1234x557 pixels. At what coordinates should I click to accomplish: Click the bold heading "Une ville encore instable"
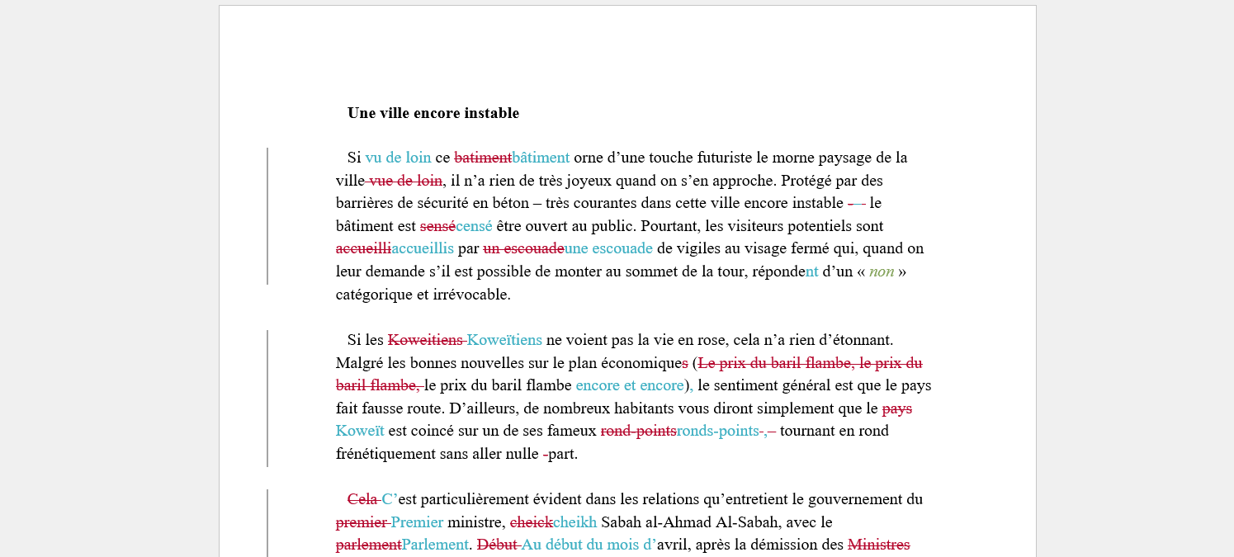(433, 113)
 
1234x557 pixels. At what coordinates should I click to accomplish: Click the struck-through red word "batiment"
(483, 158)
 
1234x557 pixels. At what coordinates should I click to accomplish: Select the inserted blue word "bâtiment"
(541, 158)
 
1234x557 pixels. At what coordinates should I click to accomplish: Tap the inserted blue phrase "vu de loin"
(398, 158)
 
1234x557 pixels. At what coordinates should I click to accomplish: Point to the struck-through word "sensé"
(437, 226)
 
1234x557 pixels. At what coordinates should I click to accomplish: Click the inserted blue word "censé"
(474, 226)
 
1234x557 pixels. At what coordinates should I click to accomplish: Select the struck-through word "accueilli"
(363, 248)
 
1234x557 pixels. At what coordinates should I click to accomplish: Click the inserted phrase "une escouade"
(608, 248)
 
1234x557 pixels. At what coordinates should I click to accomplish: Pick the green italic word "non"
(882, 271)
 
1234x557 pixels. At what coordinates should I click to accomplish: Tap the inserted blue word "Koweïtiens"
(504, 340)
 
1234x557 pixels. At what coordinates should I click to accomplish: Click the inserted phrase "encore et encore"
(630, 385)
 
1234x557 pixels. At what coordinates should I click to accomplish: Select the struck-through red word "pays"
(897, 408)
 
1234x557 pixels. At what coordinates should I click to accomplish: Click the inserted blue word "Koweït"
(360, 431)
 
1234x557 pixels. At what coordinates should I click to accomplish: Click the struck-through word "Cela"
(362, 499)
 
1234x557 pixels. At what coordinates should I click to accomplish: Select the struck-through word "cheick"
(531, 522)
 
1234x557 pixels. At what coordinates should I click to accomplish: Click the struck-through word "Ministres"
(878, 545)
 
